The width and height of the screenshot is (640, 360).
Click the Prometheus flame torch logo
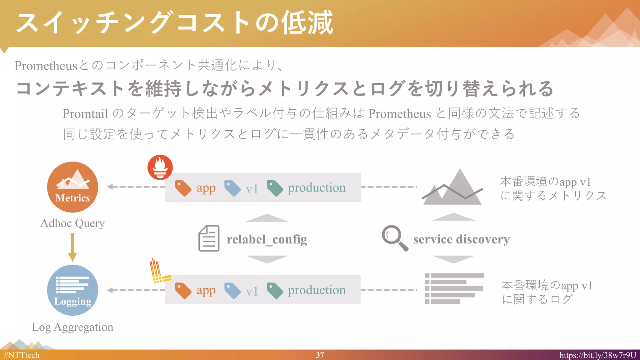pos(160,167)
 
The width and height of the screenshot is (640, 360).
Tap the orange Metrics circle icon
pos(72,187)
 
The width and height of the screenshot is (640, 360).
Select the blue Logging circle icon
pos(72,290)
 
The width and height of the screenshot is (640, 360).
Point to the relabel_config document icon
pos(209,238)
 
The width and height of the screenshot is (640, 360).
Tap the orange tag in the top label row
pos(183,188)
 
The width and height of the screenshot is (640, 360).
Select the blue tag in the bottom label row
pos(232,291)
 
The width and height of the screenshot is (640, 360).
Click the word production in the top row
pos(317,188)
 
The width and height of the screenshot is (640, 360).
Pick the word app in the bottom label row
pos(206,291)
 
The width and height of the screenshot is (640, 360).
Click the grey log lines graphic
pos(454,288)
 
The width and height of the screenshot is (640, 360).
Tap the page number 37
pos(320,355)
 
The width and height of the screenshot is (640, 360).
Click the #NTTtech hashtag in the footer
pos(22,355)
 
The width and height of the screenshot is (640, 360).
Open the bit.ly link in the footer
pos(597,355)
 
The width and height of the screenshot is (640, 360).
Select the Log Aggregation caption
pos(72,327)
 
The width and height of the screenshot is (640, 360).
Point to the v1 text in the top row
pos(252,189)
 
